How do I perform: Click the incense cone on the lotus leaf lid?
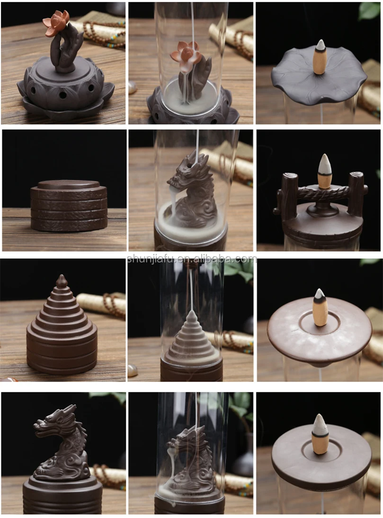tap(321, 58)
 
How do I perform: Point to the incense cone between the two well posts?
tap(325, 171)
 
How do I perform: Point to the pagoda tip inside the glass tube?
tap(191, 315)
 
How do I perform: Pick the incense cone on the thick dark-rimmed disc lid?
tap(320, 434)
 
